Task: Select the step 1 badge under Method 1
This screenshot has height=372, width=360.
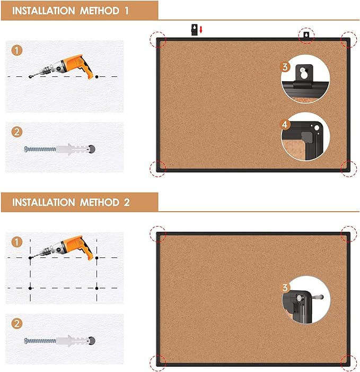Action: [17, 50]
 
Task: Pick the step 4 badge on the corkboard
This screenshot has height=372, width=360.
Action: [285, 125]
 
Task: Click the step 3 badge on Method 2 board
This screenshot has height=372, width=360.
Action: [286, 288]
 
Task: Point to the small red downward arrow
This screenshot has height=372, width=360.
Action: [201, 30]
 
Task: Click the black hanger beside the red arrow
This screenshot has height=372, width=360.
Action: [194, 29]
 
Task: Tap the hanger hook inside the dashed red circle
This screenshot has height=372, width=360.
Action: [306, 36]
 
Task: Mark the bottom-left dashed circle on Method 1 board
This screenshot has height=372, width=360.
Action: [157, 168]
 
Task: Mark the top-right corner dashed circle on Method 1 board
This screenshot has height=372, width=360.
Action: [348, 38]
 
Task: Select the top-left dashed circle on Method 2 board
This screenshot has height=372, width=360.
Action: [157, 233]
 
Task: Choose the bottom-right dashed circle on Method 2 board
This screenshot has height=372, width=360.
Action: [348, 362]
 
